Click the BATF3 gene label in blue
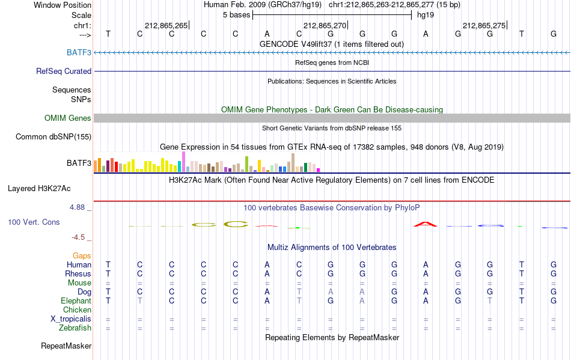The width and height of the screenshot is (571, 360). click(79, 52)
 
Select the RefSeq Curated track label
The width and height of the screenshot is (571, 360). click(64, 71)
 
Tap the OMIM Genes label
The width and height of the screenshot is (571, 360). click(68, 118)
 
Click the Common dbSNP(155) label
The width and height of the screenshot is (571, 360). click(53, 136)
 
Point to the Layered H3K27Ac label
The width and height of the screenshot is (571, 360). click(39, 188)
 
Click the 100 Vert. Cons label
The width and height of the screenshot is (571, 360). click(34, 222)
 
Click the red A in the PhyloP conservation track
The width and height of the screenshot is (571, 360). click(426, 224)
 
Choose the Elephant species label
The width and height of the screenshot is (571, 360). click(76, 301)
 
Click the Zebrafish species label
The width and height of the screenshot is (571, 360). click(75, 328)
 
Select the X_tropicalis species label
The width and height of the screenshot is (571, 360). click(71, 319)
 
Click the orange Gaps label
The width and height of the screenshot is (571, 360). click(82, 255)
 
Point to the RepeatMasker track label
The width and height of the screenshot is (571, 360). click(66, 346)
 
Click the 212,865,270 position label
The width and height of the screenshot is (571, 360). click(325, 25)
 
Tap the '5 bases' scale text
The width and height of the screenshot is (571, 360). click(237, 15)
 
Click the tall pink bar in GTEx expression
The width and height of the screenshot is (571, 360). click(183, 162)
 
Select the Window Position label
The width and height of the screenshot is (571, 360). click(63, 5)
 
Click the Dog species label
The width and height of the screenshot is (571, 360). click(85, 292)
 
